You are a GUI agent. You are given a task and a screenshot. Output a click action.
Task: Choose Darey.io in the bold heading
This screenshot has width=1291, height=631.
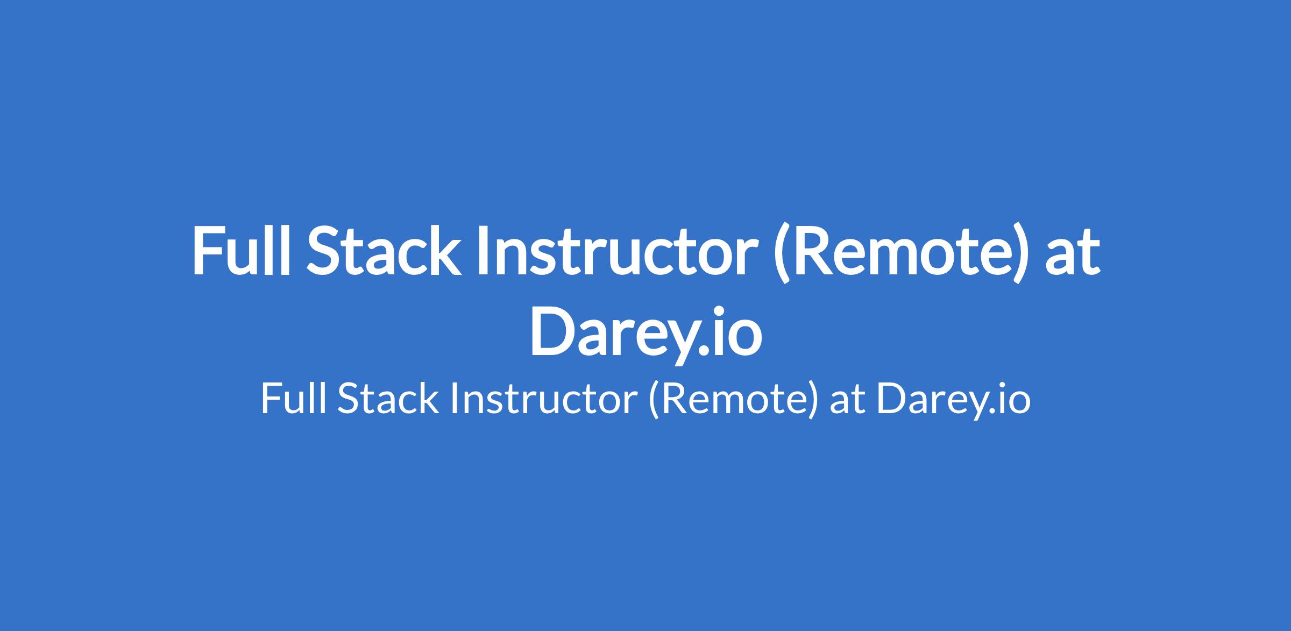pyautogui.click(x=645, y=333)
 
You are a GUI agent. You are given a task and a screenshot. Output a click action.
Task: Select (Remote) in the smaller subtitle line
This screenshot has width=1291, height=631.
pyautogui.click(x=733, y=400)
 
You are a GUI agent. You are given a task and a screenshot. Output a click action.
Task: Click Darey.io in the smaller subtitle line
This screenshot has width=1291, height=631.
pyautogui.click(x=954, y=401)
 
